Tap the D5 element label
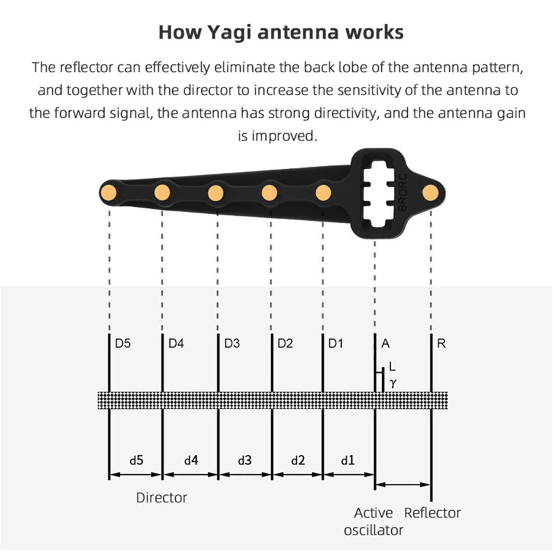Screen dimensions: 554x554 123,343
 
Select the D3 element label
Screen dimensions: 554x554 232,343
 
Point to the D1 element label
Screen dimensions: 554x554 335,343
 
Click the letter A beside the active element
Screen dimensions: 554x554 385,343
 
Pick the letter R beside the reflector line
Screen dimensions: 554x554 441,343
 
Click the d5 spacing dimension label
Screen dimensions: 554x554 136,460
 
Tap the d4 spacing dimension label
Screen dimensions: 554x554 191,460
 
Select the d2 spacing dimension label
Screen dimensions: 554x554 298,460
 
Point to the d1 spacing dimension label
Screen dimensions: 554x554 348,460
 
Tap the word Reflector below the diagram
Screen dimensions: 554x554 432,513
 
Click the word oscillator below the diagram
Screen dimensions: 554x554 374,530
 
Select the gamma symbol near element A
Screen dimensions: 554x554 393,383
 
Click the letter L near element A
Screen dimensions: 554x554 392,367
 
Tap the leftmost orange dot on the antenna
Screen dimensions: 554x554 109,192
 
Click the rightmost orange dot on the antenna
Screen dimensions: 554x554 431,192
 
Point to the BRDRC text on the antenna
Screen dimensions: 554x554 403,192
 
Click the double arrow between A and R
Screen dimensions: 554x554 403,485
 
